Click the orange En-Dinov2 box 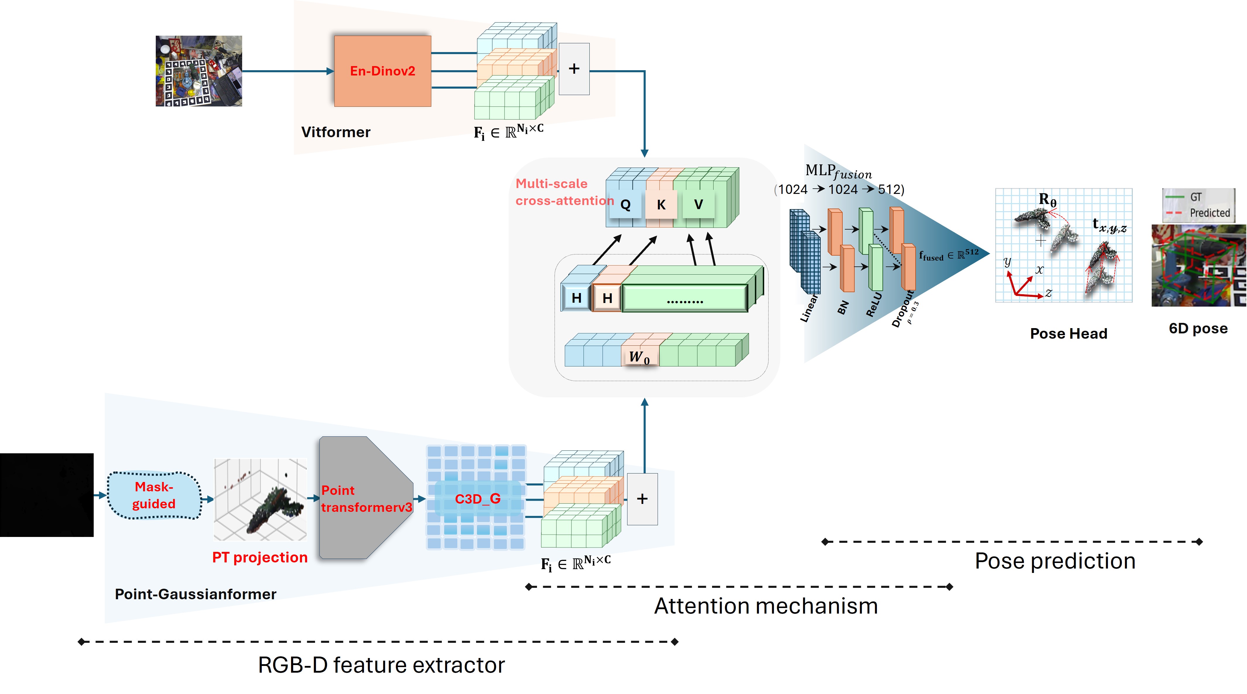pyautogui.click(x=382, y=71)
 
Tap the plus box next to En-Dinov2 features pyautogui.click(x=574, y=69)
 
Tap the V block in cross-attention pyautogui.click(x=698, y=204)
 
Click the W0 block pyautogui.click(x=639, y=357)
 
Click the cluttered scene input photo pyautogui.click(x=199, y=71)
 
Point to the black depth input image pyautogui.click(x=47, y=495)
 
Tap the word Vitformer pyautogui.click(x=336, y=132)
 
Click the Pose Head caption pyautogui.click(x=1068, y=334)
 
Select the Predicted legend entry pyautogui.click(x=1209, y=213)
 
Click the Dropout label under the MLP pyautogui.click(x=903, y=309)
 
